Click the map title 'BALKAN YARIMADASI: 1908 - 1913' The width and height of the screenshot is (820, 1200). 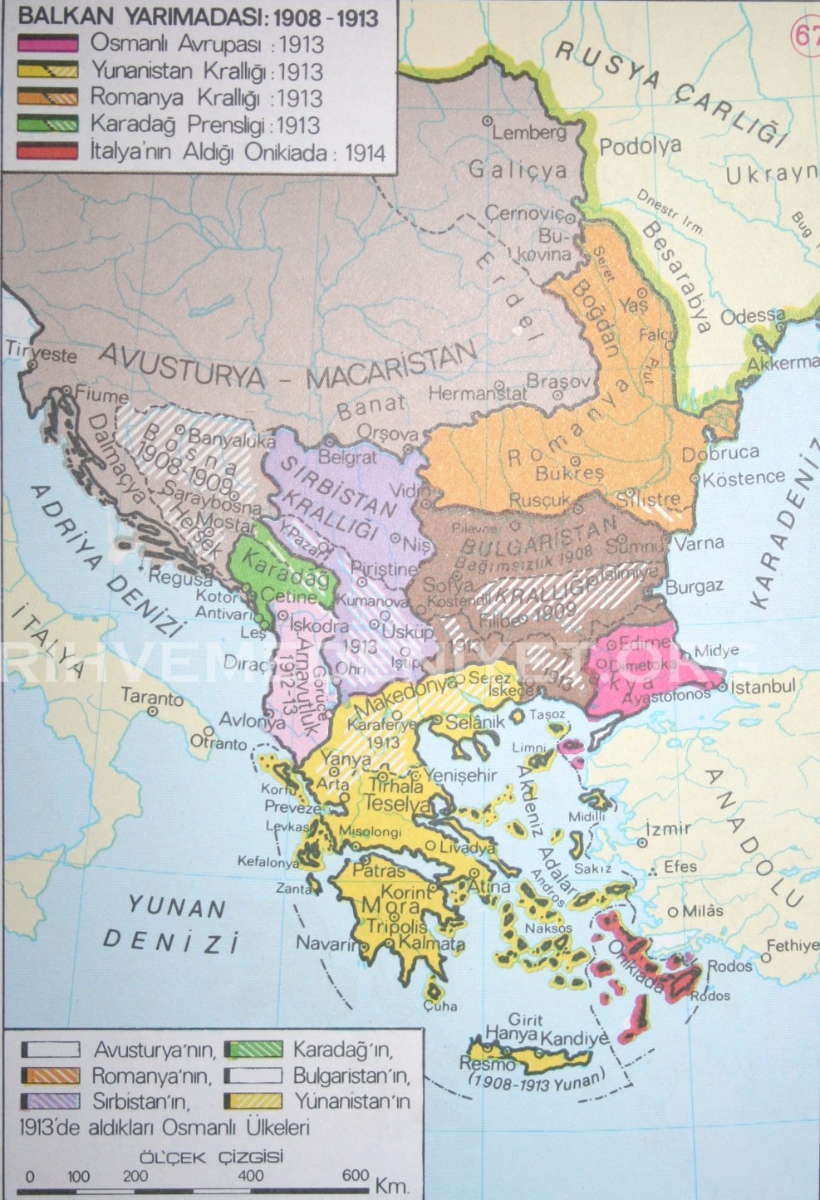[x=199, y=17]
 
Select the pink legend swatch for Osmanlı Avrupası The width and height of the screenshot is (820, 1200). [x=47, y=44]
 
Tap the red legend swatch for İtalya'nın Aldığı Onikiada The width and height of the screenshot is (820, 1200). [x=47, y=152]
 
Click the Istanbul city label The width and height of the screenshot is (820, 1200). [x=763, y=687]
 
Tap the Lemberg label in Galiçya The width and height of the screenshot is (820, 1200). [x=529, y=132]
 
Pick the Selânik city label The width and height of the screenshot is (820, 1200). [x=475, y=722]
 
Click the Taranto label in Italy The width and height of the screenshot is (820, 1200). [x=152, y=697]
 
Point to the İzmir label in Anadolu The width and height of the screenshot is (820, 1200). [x=668, y=828]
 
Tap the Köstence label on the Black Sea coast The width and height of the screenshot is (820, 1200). [x=744, y=478]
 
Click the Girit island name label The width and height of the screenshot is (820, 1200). [x=525, y=1019]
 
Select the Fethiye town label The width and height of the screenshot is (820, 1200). [x=792, y=946]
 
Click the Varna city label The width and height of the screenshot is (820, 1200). [x=699, y=543]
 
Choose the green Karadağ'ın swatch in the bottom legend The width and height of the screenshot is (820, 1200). [x=253, y=1050]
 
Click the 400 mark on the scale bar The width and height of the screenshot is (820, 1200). [x=250, y=1176]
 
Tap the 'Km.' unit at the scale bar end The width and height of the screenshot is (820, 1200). [x=391, y=1184]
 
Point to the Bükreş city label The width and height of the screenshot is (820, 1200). [x=569, y=473]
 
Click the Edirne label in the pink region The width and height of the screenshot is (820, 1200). [x=644, y=642]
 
